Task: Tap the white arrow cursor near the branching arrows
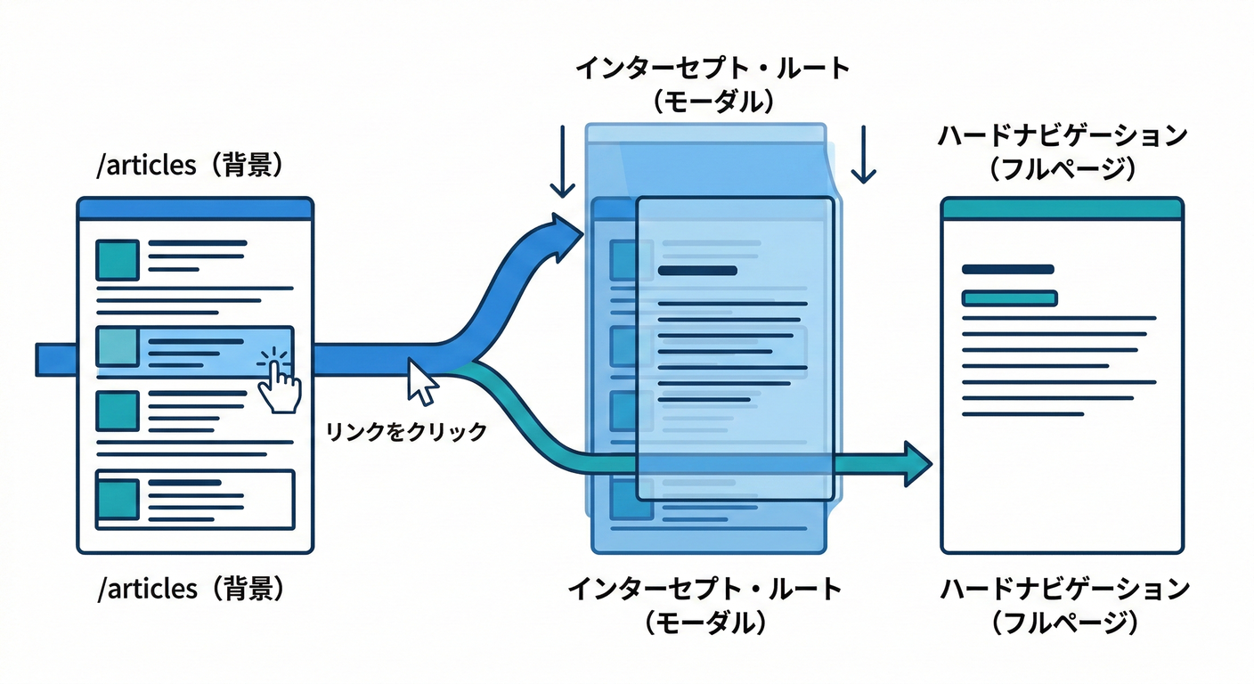click(421, 381)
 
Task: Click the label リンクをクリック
click(406, 432)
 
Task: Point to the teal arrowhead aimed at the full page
click(916, 463)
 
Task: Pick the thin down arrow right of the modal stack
click(863, 155)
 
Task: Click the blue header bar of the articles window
click(195, 208)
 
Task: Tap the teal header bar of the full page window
click(1062, 208)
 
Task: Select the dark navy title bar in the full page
click(1007, 269)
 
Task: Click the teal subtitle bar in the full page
click(1009, 297)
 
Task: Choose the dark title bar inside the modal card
click(696, 270)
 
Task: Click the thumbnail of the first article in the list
click(118, 259)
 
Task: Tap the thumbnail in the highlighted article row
click(118, 346)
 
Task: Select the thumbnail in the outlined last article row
click(118, 499)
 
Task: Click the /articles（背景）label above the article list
click(195, 167)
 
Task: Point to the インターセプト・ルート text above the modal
click(712, 69)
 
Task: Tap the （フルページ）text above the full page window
click(1063, 169)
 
